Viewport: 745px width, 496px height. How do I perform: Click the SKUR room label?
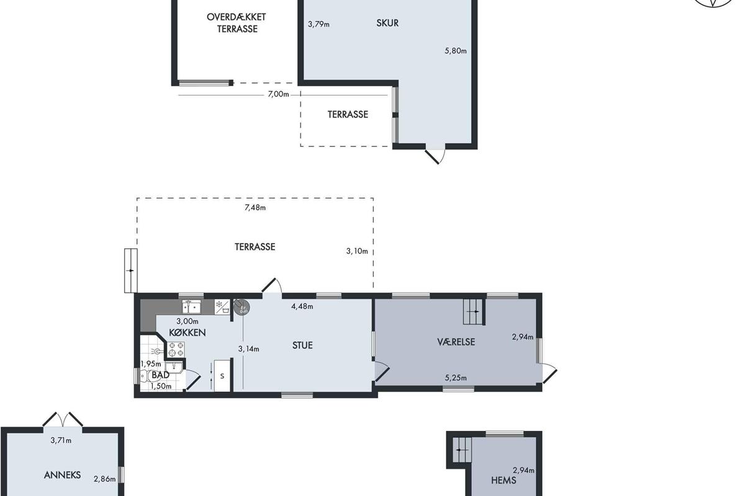click(x=387, y=23)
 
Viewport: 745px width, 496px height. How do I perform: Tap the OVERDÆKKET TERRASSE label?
click(x=237, y=23)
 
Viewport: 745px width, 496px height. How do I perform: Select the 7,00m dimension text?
click(x=278, y=94)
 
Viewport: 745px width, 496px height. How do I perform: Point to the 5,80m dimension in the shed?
click(x=455, y=51)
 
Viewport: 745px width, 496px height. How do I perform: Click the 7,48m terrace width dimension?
click(x=255, y=208)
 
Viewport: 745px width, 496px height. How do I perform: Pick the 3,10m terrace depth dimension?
click(x=357, y=251)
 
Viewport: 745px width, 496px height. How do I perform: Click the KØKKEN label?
click(x=187, y=332)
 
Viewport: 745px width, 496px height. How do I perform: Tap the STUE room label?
click(x=302, y=345)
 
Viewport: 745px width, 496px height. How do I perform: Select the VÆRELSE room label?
click(x=456, y=342)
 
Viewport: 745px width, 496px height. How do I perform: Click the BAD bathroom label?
click(x=160, y=374)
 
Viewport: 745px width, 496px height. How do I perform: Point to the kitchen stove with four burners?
click(x=176, y=349)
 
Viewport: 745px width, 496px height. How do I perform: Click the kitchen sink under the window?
click(x=191, y=307)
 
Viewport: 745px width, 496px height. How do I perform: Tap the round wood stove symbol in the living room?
click(x=242, y=308)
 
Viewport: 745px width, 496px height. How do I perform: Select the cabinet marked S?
click(x=222, y=375)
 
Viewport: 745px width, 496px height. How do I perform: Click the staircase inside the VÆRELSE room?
click(x=474, y=312)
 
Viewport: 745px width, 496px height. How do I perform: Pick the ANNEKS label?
click(x=62, y=475)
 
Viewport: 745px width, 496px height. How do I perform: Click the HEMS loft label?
click(x=503, y=480)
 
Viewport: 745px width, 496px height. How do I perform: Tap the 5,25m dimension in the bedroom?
click(x=456, y=378)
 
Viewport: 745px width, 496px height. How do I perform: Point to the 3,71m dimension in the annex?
click(x=61, y=441)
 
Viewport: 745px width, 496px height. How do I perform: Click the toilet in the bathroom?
click(x=143, y=376)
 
